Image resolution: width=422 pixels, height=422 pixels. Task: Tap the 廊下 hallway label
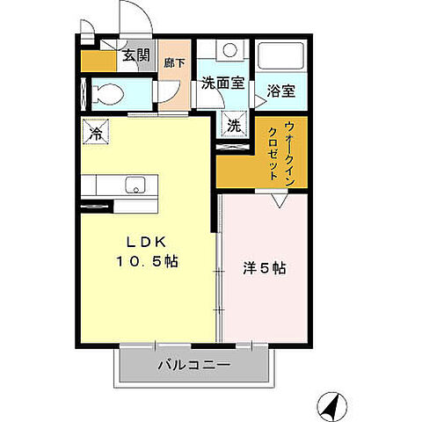coord(172,63)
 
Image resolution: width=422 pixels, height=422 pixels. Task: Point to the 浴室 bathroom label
coord(280,90)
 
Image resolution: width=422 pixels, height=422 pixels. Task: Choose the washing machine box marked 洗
coord(233,125)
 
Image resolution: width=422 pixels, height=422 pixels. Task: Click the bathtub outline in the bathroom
coord(280,59)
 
